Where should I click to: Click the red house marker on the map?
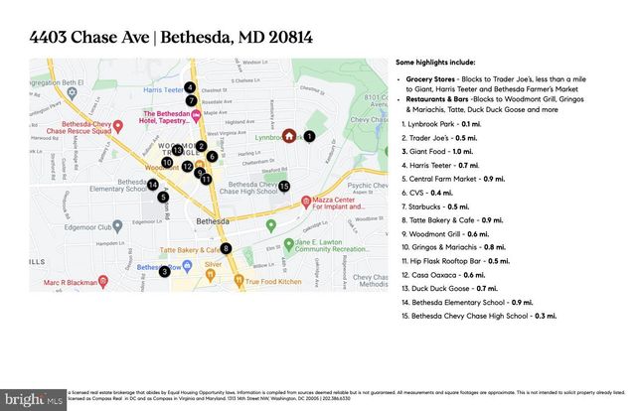288,136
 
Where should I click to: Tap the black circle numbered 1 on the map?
309,136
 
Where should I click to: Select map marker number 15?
284,186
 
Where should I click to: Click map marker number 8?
227,248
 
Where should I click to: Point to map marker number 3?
164,271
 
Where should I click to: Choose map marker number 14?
153,184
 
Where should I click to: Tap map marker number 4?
190,87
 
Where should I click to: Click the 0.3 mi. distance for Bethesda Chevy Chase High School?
543,316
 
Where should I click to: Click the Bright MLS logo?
33,399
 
